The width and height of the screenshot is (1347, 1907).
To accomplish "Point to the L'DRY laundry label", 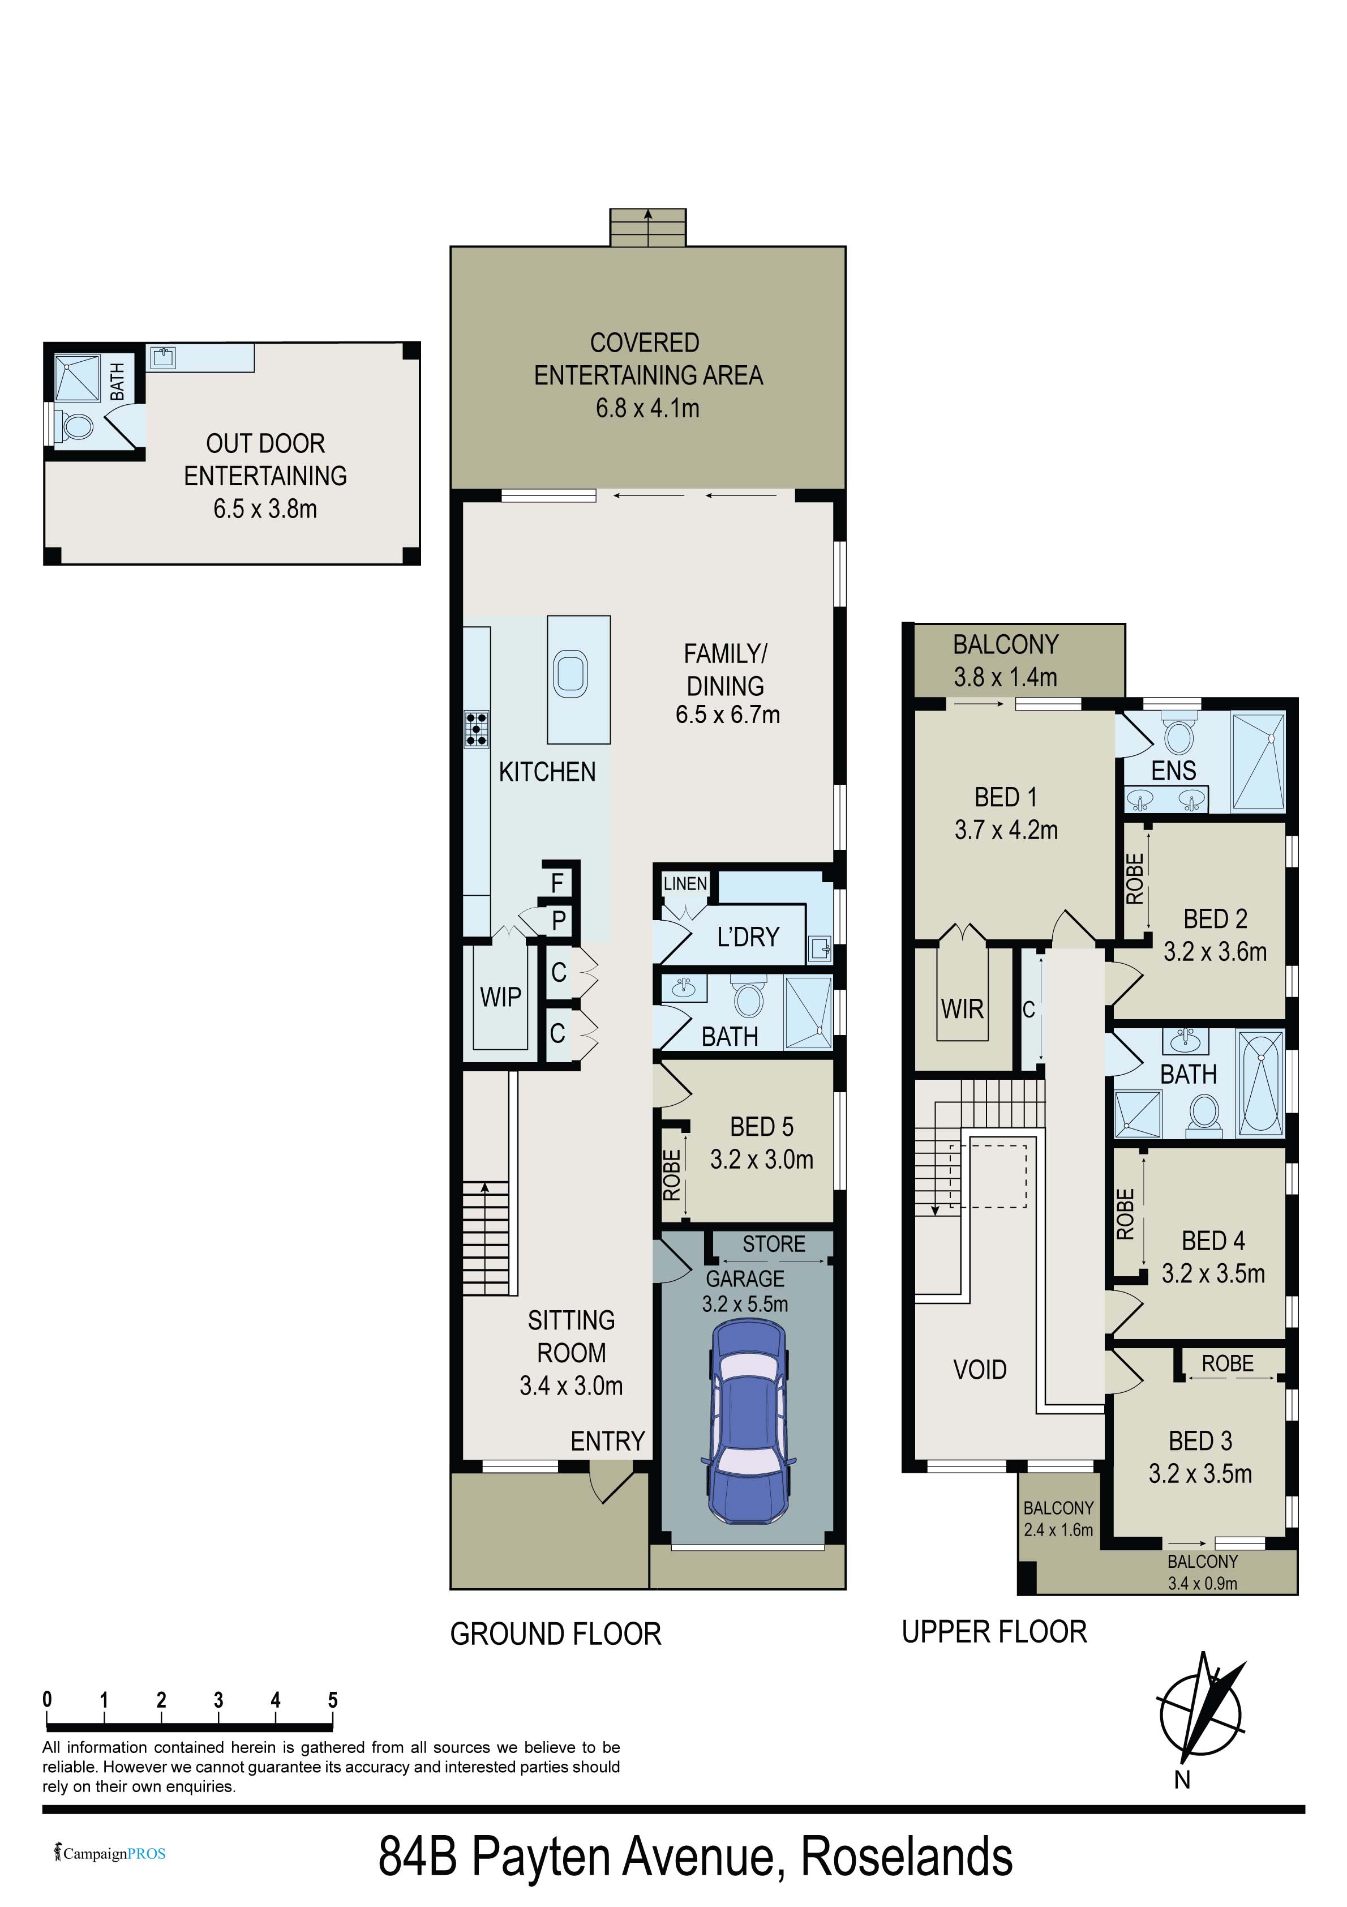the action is click(748, 937).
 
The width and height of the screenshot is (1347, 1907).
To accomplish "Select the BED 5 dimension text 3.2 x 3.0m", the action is click(762, 1160).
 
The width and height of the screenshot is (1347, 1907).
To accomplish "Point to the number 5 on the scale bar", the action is click(332, 1699).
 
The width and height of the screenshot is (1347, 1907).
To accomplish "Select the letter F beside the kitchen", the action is click(557, 883).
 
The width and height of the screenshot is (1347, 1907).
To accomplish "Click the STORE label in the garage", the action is click(774, 1243).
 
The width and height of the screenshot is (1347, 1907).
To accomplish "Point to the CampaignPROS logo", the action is click(110, 1853).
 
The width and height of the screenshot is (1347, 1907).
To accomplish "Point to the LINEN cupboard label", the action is click(685, 884).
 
